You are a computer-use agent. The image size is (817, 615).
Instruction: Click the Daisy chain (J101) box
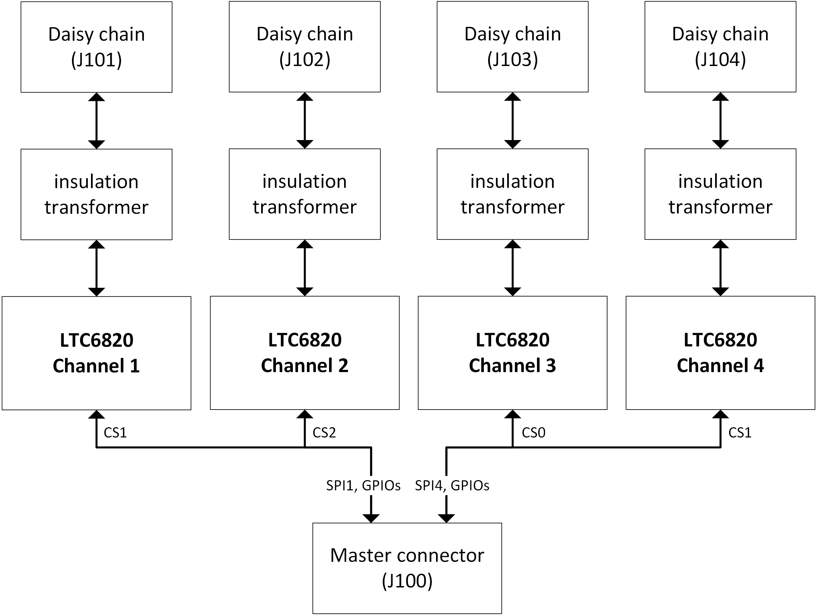[x=96, y=47]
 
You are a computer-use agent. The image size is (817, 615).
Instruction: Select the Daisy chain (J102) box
[x=305, y=46]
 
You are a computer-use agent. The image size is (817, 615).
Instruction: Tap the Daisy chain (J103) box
[x=512, y=46]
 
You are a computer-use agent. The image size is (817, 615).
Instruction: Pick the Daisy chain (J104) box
[x=720, y=46]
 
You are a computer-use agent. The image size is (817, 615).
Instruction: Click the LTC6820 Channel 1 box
[x=96, y=353]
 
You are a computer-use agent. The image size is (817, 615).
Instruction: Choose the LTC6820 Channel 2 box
[x=305, y=353]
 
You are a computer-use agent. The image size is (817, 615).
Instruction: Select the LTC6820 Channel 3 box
[x=512, y=353]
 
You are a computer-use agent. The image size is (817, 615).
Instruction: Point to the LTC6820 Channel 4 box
[x=720, y=353]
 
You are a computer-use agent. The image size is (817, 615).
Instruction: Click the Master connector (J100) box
[x=407, y=568]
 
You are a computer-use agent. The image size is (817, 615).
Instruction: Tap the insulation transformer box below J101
[x=96, y=194]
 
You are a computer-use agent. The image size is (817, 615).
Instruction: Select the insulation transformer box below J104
[x=720, y=194]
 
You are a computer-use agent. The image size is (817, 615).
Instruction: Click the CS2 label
[x=324, y=433]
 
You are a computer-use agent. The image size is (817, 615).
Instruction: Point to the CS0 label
[x=533, y=433]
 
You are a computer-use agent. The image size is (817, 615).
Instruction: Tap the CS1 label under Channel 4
[x=740, y=433]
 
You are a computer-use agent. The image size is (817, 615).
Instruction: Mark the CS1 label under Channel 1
[x=115, y=433]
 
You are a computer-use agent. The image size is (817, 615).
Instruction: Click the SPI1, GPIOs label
[x=363, y=485]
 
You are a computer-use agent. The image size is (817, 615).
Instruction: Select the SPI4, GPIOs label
[x=452, y=485]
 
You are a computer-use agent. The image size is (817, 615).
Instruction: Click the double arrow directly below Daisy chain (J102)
[x=305, y=121]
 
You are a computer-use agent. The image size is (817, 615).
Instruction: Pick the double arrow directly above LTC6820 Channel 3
[x=512, y=268]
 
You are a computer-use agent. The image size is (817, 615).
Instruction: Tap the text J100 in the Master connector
[x=407, y=581]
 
